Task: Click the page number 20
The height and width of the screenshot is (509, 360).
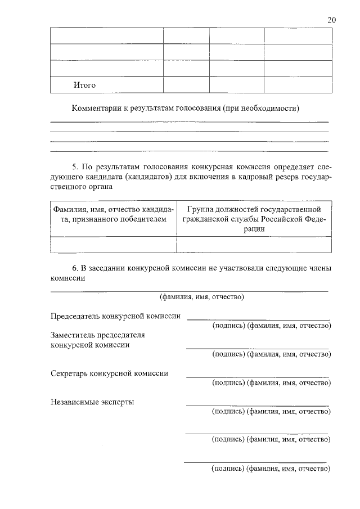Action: [332, 20]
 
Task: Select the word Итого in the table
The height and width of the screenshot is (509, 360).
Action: [84, 85]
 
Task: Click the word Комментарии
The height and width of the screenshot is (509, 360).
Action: [96, 108]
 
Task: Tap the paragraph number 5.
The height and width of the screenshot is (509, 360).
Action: [75, 168]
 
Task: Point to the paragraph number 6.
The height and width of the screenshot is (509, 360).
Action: [75, 268]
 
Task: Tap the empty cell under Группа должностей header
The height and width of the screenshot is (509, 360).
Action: [254, 245]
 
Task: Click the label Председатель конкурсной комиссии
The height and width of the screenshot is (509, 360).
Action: [115, 316]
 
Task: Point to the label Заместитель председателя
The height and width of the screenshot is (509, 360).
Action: [98, 335]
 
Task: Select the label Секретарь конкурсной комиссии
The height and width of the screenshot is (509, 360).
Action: [109, 373]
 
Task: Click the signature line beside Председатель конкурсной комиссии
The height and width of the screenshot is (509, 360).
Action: [258, 319]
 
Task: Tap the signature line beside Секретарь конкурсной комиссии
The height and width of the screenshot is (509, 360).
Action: [258, 376]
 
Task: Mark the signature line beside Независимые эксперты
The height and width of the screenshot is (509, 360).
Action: [258, 405]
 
